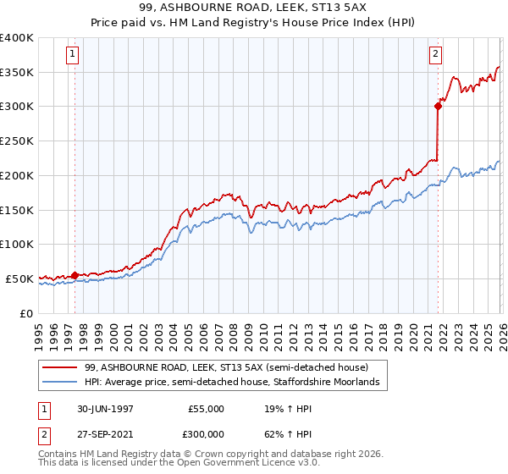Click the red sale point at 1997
(x=75, y=274)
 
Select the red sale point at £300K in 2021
(x=438, y=106)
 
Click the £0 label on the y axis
(x=25, y=312)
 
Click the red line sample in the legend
(x=60, y=368)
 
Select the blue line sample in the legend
(x=60, y=383)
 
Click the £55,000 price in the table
(x=206, y=409)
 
